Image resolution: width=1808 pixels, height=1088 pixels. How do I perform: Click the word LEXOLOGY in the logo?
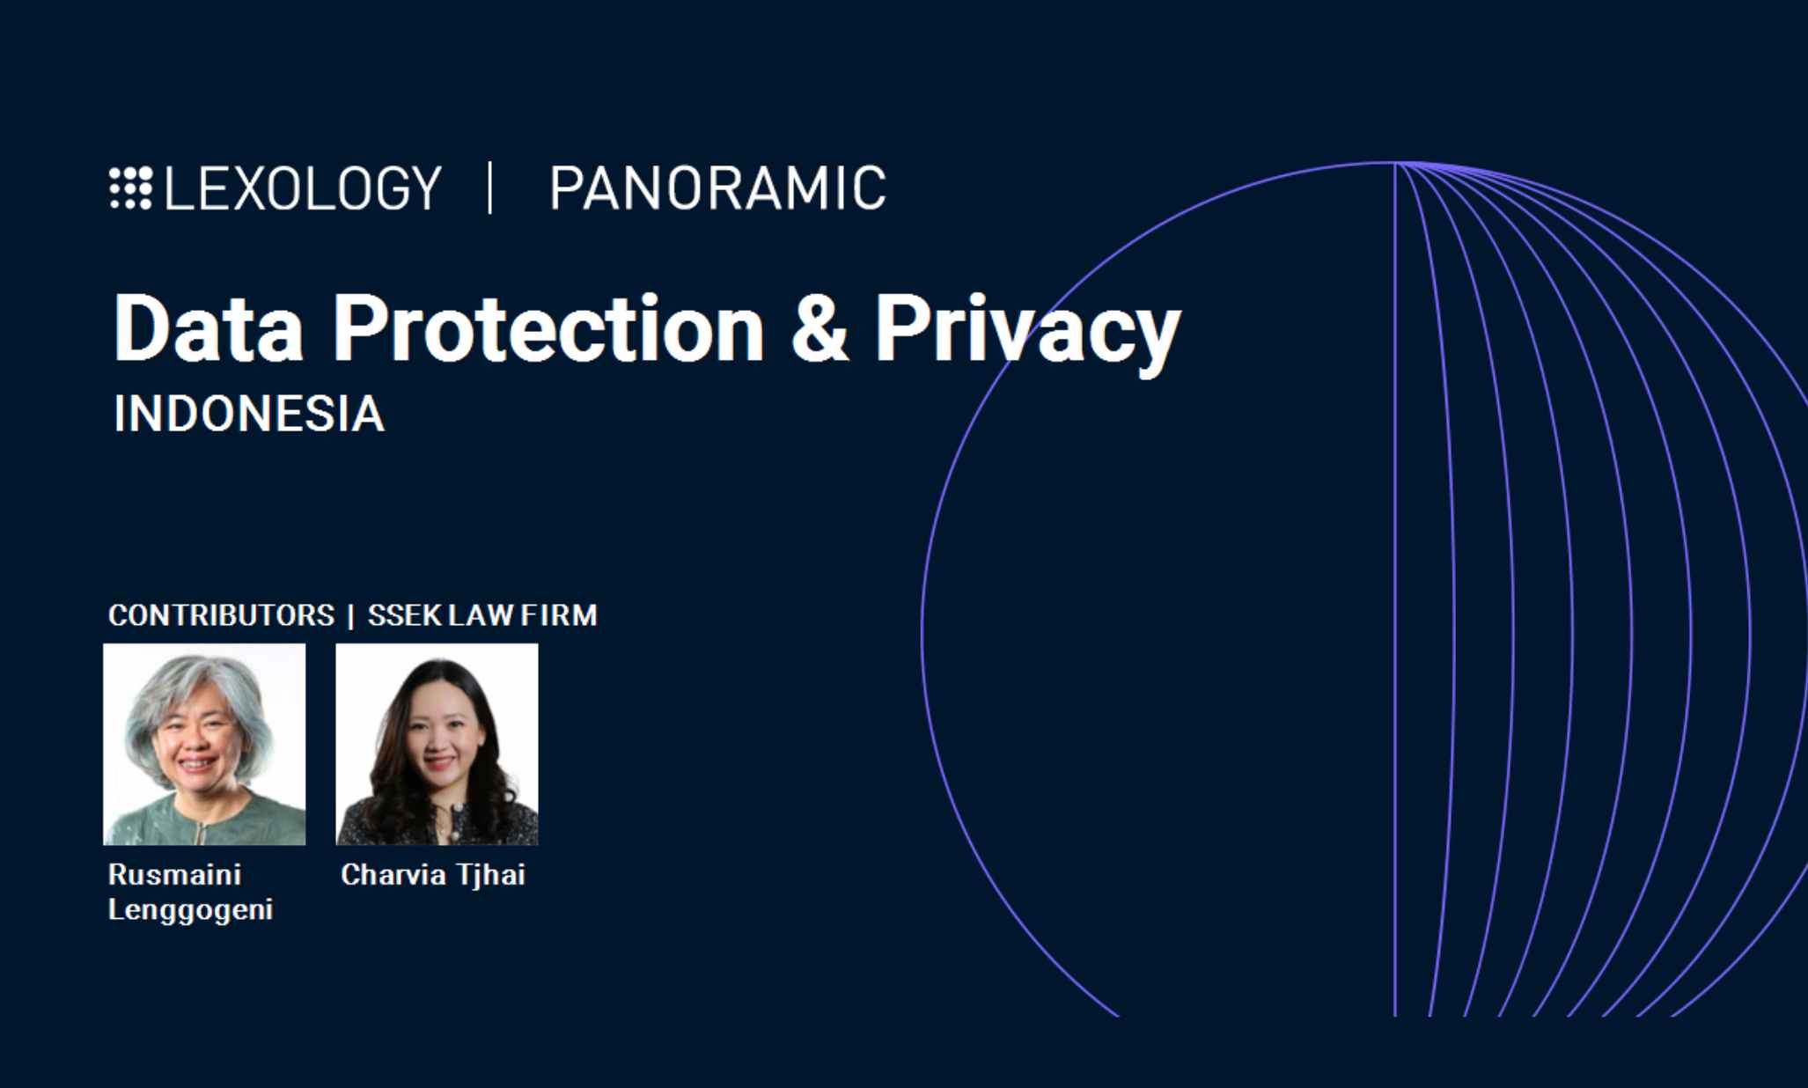pos(303,187)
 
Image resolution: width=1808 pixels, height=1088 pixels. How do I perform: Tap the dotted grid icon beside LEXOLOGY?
pos(131,187)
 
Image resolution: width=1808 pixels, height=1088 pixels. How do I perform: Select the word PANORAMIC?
pos(717,187)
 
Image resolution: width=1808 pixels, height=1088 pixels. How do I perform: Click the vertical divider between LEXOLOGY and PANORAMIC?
pos(490,187)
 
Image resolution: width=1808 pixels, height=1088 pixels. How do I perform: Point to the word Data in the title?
pos(209,328)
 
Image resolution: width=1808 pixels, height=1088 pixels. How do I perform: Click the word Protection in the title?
pos(548,328)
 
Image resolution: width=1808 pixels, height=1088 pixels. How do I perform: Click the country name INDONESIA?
pos(249,414)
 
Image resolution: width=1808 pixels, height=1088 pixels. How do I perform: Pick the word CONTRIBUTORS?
pos(221,614)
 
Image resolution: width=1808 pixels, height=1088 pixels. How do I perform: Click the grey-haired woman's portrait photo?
pos(204,744)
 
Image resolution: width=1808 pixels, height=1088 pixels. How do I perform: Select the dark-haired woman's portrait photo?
pos(437,744)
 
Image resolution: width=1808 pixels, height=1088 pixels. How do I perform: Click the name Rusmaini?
pos(174,874)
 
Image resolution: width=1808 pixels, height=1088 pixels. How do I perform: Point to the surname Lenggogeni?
pos(190,909)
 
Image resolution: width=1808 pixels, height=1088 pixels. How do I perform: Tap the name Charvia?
pos(394,874)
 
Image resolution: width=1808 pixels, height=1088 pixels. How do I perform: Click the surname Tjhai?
pos(490,875)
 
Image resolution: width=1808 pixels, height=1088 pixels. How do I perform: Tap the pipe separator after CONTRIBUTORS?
pos(351,615)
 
